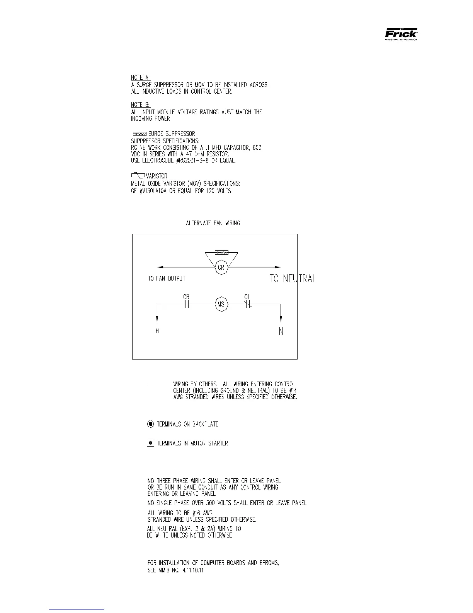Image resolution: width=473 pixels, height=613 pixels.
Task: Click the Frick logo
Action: (401, 34)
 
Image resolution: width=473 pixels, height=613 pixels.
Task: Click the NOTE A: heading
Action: (140, 77)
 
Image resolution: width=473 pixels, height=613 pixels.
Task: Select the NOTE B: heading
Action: (140, 104)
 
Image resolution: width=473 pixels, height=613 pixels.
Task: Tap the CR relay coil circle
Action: (221, 267)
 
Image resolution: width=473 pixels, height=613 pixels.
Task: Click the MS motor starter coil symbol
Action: (221, 304)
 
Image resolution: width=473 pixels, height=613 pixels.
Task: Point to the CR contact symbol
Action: (186, 305)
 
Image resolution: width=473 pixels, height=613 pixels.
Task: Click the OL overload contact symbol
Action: (248, 305)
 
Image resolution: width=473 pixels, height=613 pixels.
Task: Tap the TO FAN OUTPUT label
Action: (167, 278)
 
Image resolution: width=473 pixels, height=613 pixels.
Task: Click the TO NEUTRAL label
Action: (293, 278)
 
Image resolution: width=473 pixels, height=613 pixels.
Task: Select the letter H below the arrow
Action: (157, 331)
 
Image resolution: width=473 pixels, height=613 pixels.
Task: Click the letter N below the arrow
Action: (281, 331)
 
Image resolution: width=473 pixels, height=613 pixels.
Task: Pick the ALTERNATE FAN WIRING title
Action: (213, 223)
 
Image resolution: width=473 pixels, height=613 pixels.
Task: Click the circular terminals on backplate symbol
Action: (151, 424)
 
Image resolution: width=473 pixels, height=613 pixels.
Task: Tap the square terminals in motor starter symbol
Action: (151, 443)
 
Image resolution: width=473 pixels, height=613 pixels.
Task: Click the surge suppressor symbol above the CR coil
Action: (221, 252)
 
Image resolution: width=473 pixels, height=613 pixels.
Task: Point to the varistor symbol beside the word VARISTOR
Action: (138, 175)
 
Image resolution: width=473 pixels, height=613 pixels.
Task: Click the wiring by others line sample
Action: (160, 384)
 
